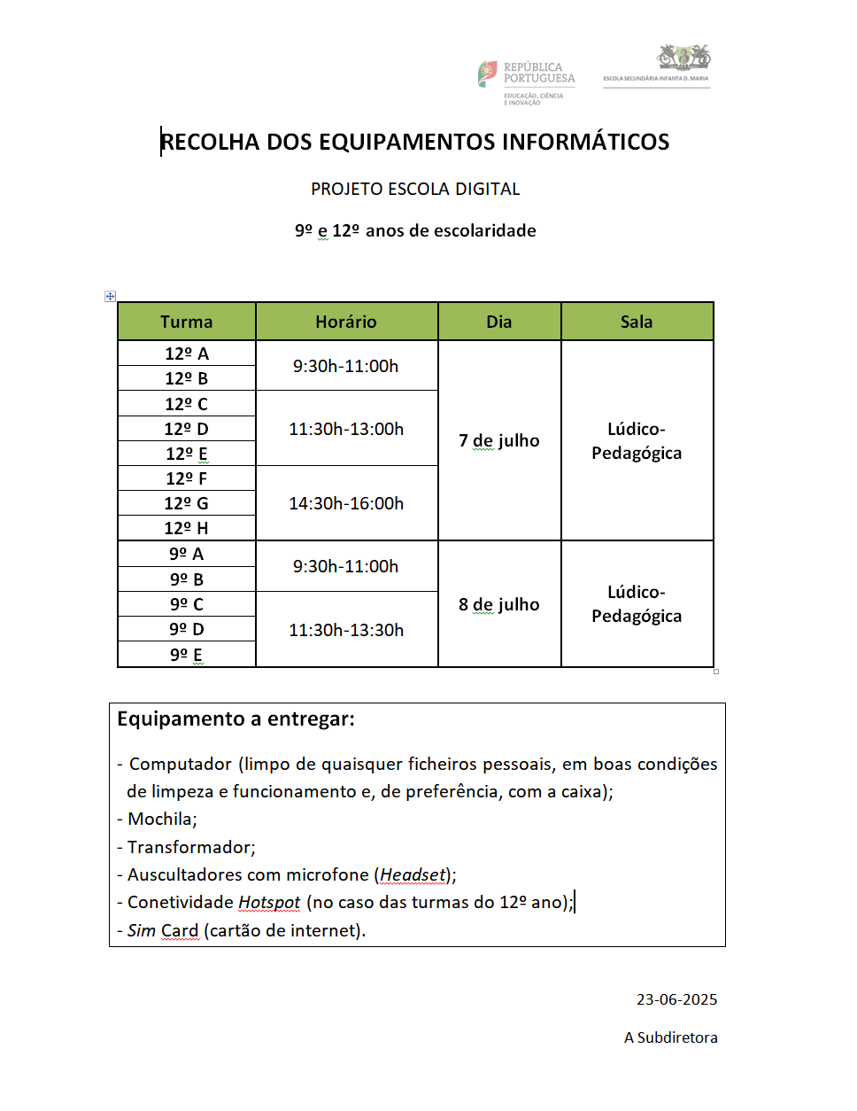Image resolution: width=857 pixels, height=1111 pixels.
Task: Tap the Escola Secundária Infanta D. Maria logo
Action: click(x=656, y=66)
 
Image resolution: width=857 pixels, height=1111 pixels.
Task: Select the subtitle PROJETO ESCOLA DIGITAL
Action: click(x=415, y=189)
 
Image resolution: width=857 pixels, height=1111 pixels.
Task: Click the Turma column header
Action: click(x=186, y=322)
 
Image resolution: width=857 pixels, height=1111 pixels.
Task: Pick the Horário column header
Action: click(x=346, y=322)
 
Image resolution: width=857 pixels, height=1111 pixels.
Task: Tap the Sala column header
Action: click(x=637, y=322)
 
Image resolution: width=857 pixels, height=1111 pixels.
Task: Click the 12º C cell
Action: click(x=186, y=404)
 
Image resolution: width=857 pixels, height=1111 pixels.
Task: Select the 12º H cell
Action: click(x=186, y=528)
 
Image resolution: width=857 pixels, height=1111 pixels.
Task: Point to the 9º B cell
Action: click(x=186, y=579)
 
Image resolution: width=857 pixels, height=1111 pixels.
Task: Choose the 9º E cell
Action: click(x=186, y=655)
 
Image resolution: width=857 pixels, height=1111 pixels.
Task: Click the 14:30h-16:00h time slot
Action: click(x=346, y=503)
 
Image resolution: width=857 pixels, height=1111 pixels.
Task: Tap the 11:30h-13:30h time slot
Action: click(x=346, y=630)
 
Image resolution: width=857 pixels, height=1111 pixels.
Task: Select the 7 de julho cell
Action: click(x=498, y=440)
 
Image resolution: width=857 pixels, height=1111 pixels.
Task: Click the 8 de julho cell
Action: click(x=498, y=604)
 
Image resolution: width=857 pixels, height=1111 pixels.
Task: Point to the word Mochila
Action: click(x=160, y=819)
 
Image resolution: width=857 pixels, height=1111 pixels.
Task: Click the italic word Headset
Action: click(x=413, y=874)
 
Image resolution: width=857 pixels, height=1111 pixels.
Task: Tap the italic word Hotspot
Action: click(x=269, y=902)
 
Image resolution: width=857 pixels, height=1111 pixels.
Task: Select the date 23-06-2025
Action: click(x=676, y=999)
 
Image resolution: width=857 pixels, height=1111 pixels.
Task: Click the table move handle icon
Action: click(x=110, y=296)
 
